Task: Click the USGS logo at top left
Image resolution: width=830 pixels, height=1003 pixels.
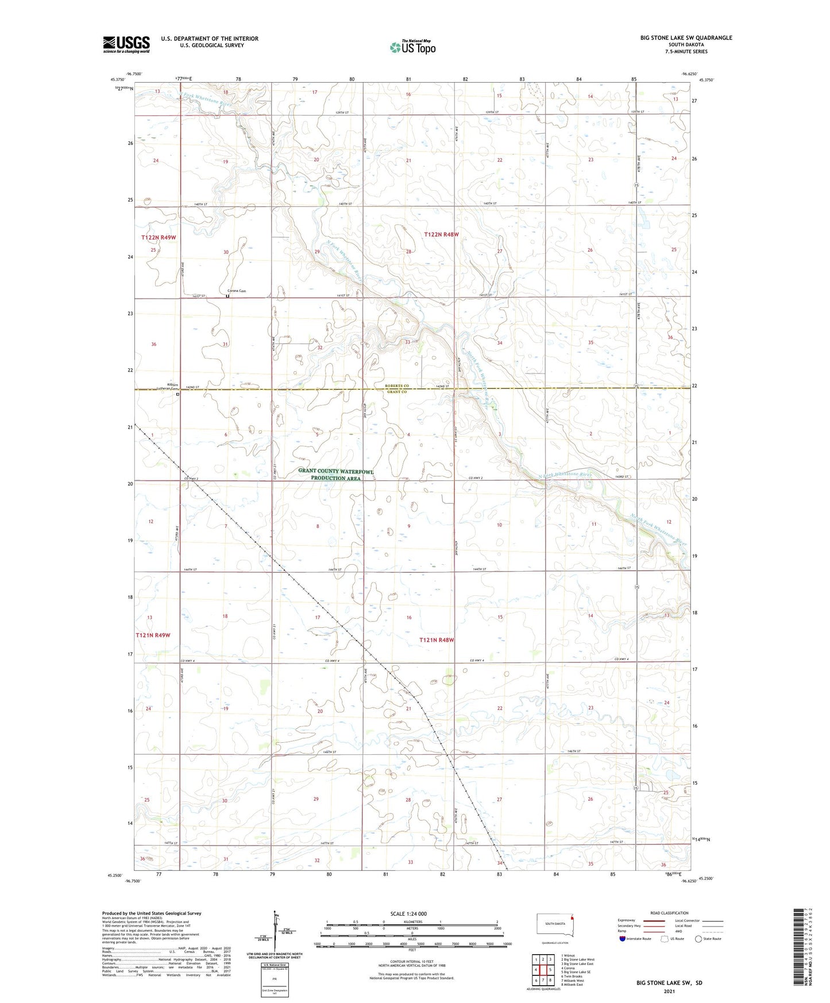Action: click(126, 44)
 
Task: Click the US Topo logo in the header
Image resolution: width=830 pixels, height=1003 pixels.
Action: click(412, 47)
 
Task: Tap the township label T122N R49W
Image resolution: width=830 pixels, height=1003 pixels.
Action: click(161, 237)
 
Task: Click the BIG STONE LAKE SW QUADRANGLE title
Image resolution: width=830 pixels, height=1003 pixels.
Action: click(686, 38)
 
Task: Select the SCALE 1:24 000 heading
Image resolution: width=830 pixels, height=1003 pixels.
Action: click(408, 914)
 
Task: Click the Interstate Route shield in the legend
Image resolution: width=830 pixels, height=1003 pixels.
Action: click(623, 939)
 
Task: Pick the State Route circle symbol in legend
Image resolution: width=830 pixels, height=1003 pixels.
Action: click(698, 939)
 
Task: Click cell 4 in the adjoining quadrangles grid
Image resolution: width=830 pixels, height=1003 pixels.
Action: click(536, 970)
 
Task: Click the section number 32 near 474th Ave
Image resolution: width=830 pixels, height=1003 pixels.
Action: click(319, 348)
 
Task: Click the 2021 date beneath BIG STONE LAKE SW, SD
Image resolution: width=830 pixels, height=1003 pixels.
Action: click(669, 992)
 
